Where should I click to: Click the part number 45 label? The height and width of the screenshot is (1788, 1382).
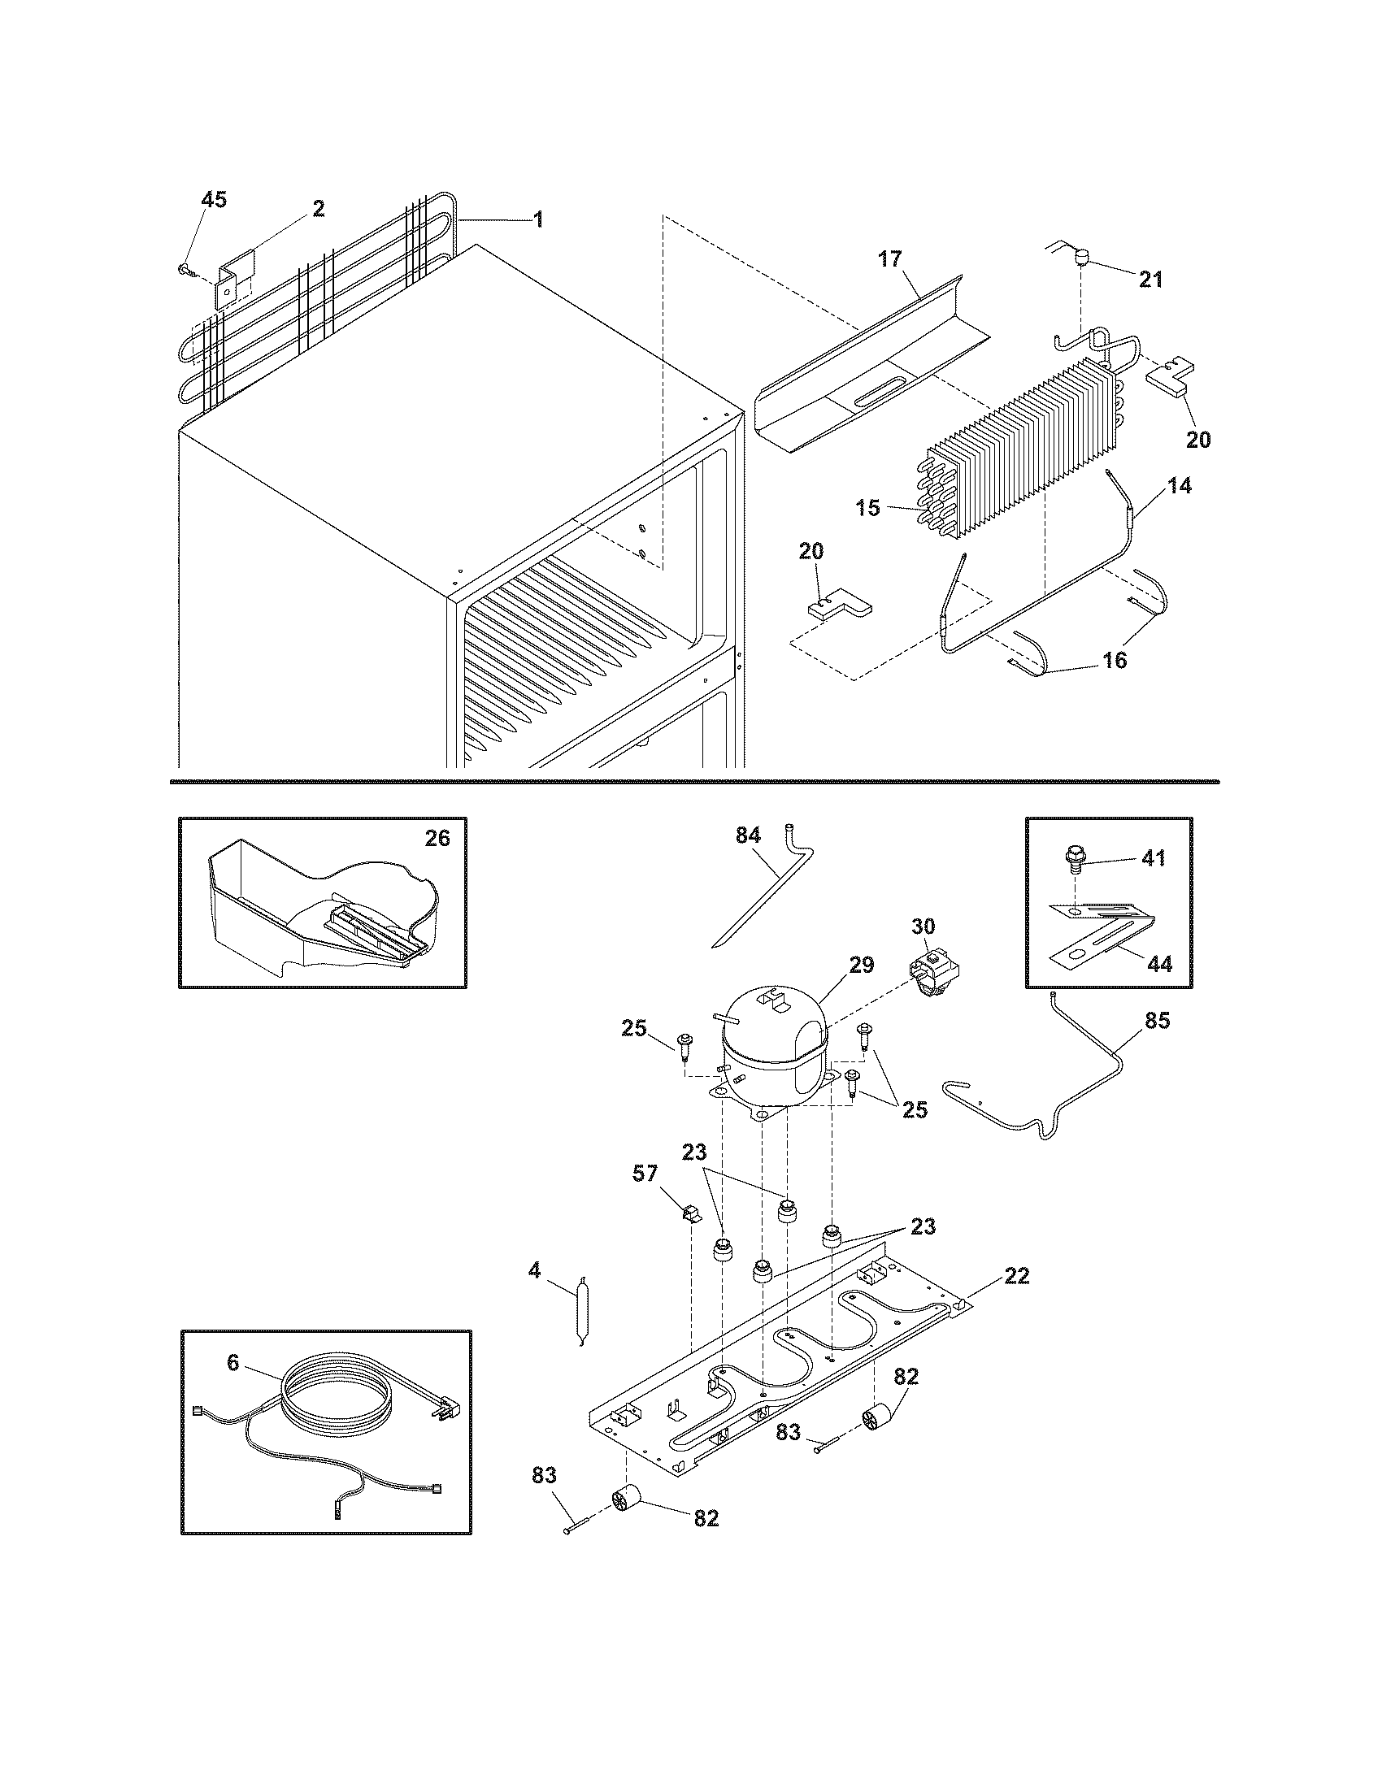[214, 200]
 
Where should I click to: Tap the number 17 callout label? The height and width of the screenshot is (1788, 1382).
[890, 259]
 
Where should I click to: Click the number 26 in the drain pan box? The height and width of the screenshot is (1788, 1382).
[437, 840]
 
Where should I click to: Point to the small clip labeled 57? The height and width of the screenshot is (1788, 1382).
[691, 1211]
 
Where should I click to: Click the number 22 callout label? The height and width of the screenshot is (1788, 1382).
[1016, 1275]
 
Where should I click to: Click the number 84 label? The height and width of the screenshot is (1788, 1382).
[748, 835]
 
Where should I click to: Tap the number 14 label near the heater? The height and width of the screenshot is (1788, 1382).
[1179, 485]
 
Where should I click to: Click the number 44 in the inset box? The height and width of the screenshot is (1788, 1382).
[1159, 965]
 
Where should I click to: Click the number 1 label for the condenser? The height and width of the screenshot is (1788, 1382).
[537, 219]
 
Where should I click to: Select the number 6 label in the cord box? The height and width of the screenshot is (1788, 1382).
[233, 1364]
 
